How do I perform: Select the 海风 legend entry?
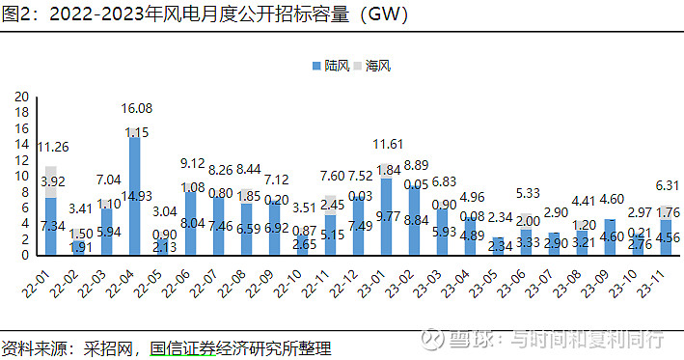pyautogui.click(x=377, y=66)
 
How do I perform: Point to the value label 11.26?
pyautogui.click(x=52, y=147)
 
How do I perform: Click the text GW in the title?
pyautogui.click(x=378, y=14)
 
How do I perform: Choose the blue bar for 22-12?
pyautogui.click(x=358, y=227)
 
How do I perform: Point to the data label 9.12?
pyautogui.click(x=191, y=163)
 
